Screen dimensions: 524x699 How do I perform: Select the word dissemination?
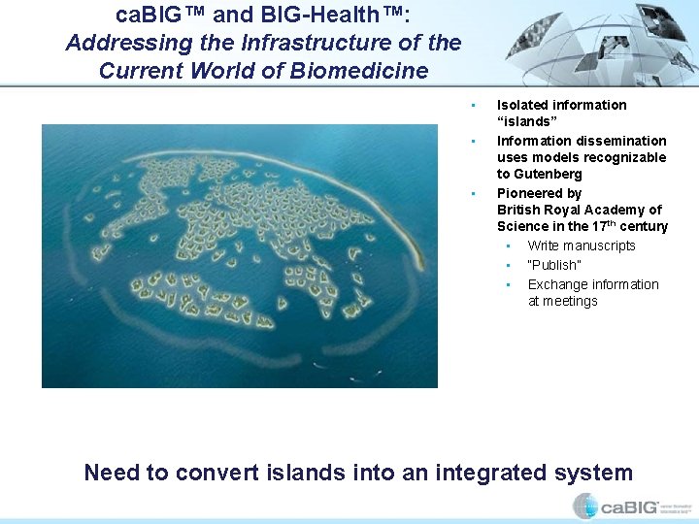point(618,141)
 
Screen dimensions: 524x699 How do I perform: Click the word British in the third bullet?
point(519,210)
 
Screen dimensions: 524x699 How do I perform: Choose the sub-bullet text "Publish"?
point(554,265)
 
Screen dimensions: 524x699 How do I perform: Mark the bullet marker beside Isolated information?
point(470,105)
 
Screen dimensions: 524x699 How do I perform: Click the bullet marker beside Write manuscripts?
point(508,246)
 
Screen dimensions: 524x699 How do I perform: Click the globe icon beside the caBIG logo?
point(584,506)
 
